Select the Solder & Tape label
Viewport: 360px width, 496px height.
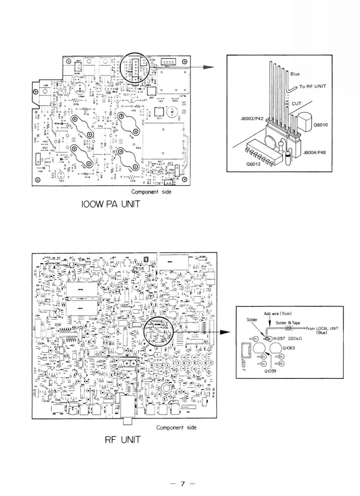coord(288,323)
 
